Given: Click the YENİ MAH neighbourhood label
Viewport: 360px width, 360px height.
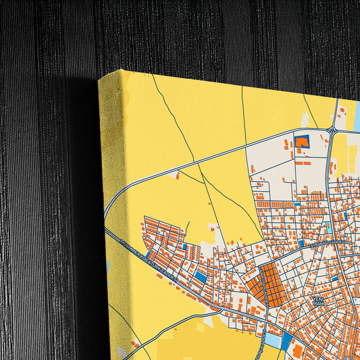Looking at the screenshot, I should [x=318, y=301].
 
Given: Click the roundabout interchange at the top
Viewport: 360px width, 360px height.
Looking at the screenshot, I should [x=332, y=131].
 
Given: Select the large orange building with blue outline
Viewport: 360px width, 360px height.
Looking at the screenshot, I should [x=301, y=142].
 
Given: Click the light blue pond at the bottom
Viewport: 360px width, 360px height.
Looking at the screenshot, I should [x=273, y=337].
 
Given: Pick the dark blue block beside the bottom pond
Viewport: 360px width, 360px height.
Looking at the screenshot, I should [x=287, y=337].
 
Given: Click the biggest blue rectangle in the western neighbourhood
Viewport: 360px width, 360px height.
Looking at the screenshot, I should [x=201, y=277].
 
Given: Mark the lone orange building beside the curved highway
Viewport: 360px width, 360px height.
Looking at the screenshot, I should [x=178, y=176].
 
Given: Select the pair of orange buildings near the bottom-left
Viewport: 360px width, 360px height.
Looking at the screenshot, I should [x=135, y=344].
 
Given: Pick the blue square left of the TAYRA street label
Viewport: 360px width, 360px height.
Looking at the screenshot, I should [x=301, y=242].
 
